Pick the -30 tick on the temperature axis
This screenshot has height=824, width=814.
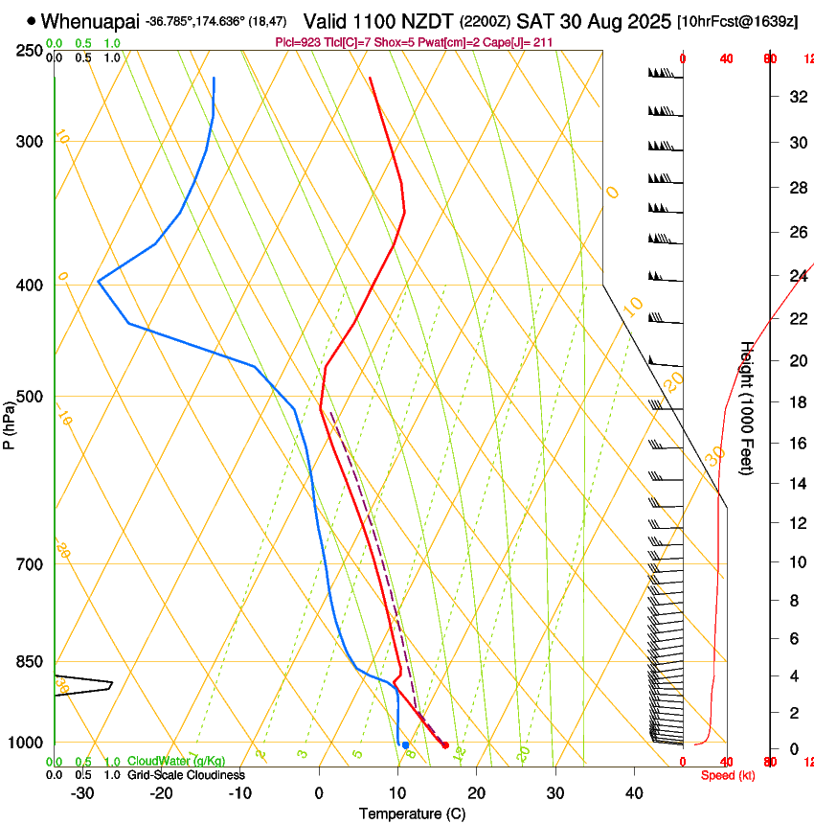pyautogui.click(x=82, y=793)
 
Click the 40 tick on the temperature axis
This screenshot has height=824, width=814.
pyautogui.click(x=634, y=793)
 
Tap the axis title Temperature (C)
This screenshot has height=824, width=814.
pyautogui.click(x=412, y=813)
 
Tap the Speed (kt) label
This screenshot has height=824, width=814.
pyautogui.click(x=726, y=775)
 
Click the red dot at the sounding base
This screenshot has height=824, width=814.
pyautogui.click(x=445, y=744)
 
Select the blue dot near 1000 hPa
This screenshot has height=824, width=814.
pyautogui.click(x=406, y=744)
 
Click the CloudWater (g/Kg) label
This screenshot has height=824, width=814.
pyautogui.click(x=178, y=761)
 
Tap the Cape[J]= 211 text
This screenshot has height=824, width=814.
pyautogui.click(x=518, y=42)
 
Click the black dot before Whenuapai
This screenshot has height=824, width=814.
pyautogui.click(x=32, y=20)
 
